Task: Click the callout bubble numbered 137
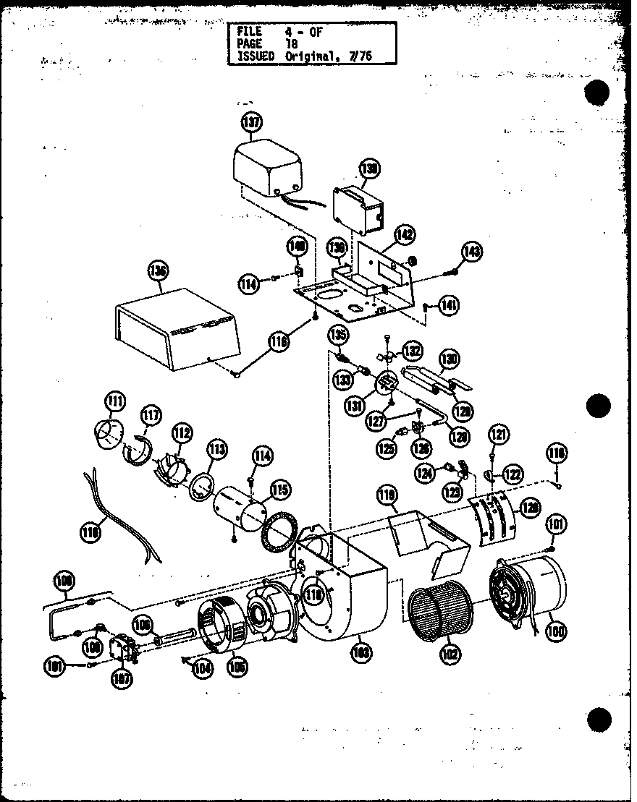251,122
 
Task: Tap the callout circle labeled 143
473,252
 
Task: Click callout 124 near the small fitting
444,472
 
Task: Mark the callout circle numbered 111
114,400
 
